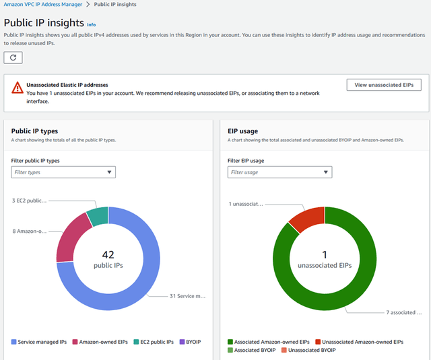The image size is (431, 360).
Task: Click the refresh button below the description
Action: pos(13,58)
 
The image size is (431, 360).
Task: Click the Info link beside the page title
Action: pos(92,24)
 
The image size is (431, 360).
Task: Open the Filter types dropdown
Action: pos(63,172)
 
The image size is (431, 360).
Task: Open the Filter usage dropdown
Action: pos(279,172)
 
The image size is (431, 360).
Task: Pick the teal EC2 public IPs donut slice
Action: pos(97,216)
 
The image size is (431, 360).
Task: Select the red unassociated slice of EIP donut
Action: pos(306,219)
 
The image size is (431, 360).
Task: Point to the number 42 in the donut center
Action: pos(108,254)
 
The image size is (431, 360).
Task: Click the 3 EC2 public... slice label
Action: pos(30,201)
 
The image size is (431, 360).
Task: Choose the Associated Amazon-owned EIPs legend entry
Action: pos(268,342)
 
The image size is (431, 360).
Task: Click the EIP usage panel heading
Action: pos(244,131)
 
